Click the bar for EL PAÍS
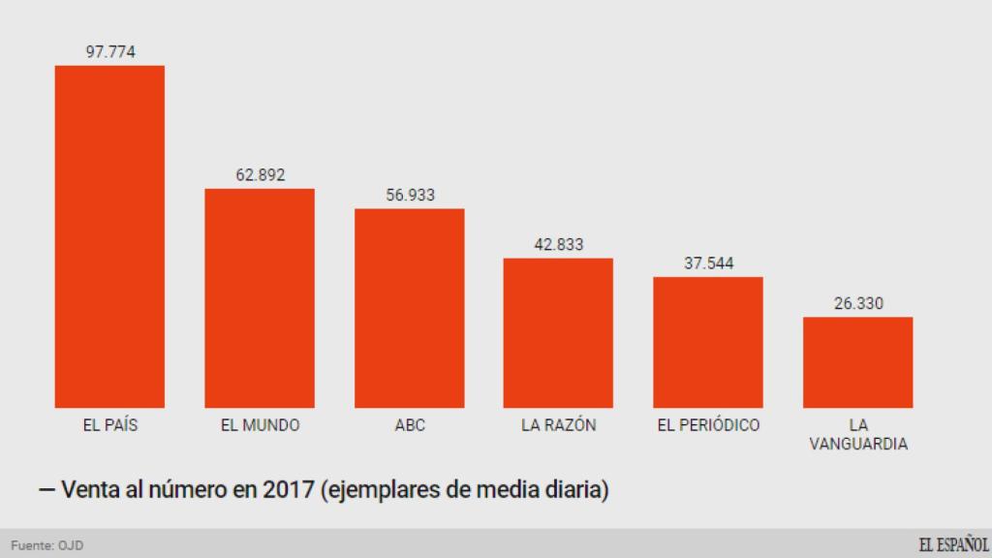coord(109,236)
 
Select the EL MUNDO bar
coord(260,298)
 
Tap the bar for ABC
coord(410,308)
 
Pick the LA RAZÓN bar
coord(558,333)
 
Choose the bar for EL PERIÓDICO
coord(708,342)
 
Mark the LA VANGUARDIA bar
coord(858,362)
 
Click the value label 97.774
coord(109,51)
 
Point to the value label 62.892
coord(260,175)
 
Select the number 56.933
coord(410,195)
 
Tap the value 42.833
coord(558,244)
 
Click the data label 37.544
coord(708,263)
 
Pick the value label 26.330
coord(858,303)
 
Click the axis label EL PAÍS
coord(109,425)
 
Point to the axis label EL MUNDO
coord(260,425)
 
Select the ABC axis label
coord(410,425)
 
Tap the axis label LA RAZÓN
coord(558,425)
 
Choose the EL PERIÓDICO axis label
coord(708,425)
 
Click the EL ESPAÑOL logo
coord(953,544)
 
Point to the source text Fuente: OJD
coord(46,545)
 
